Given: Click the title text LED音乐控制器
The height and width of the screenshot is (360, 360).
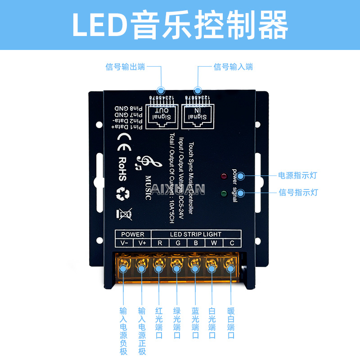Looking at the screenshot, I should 180,25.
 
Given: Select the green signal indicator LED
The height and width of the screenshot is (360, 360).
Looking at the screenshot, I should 224,194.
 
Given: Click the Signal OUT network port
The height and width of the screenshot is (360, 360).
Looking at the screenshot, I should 161,114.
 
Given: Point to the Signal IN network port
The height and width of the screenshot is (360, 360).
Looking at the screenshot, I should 197,114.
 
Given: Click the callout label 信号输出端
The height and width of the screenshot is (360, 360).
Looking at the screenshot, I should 125,67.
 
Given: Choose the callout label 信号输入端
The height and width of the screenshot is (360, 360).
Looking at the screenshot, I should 233,67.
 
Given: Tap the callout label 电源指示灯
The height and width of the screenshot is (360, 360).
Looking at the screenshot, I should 298,175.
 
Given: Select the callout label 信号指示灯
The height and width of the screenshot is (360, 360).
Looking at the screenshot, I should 298,193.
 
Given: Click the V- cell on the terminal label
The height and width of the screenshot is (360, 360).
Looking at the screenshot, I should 124,243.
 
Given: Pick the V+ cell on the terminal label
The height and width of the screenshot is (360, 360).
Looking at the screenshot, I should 142,243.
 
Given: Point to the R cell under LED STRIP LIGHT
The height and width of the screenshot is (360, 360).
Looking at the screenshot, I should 160,243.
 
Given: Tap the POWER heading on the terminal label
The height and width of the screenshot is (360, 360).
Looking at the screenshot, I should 133,234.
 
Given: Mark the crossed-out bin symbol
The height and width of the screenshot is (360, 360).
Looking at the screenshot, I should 124,215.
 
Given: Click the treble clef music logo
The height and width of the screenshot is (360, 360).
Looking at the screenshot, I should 143,164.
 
